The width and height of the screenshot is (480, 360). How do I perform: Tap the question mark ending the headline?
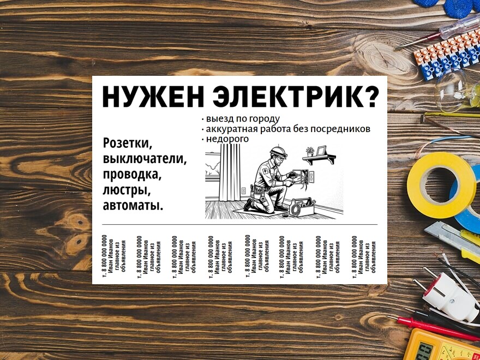pyautogui.click(x=370, y=97)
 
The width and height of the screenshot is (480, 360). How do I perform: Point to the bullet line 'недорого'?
pyautogui.click(x=226, y=139)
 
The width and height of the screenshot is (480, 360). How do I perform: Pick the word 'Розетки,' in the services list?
pyautogui.click(x=128, y=143)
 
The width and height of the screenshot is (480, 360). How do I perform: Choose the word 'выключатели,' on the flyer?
pyautogui.click(x=145, y=159)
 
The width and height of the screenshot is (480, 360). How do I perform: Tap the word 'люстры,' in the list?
pyautogui.click(x=125, y=191)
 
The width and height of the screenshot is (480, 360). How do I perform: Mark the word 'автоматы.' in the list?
pyautogui.click(x=133, y=207)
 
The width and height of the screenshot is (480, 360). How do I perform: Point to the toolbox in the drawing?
pyautogui.click(x=302, y=207)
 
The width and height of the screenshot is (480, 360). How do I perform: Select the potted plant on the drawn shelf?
pyautogui.click(x=310, y=151)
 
